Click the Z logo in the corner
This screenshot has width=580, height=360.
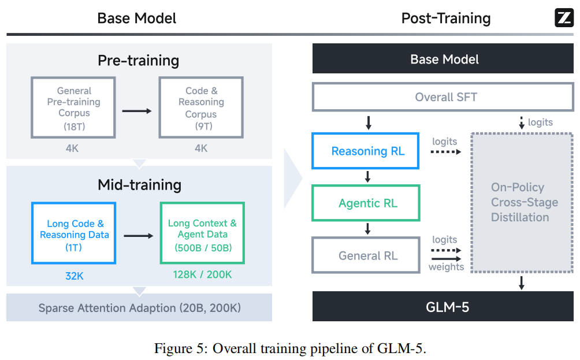[563, 18]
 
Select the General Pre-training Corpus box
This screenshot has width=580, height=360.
[73, 107]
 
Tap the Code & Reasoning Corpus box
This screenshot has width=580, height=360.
[200, 107]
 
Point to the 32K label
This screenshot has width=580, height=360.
[74, 276]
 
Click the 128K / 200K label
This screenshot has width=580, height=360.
[202, 274]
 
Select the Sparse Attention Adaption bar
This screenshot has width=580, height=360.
[139, 307]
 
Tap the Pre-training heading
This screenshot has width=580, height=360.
[138, 60]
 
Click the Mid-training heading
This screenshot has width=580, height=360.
[139, 185]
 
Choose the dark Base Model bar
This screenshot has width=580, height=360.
[444, 59]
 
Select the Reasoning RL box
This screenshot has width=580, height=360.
[365, 151]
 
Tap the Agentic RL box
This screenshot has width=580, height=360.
[365, 203]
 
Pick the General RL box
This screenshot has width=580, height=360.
[365, 255]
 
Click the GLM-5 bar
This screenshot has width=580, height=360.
[444, 306]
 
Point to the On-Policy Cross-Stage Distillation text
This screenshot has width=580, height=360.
[525, 202]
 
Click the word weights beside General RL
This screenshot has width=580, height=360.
[446, 267]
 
